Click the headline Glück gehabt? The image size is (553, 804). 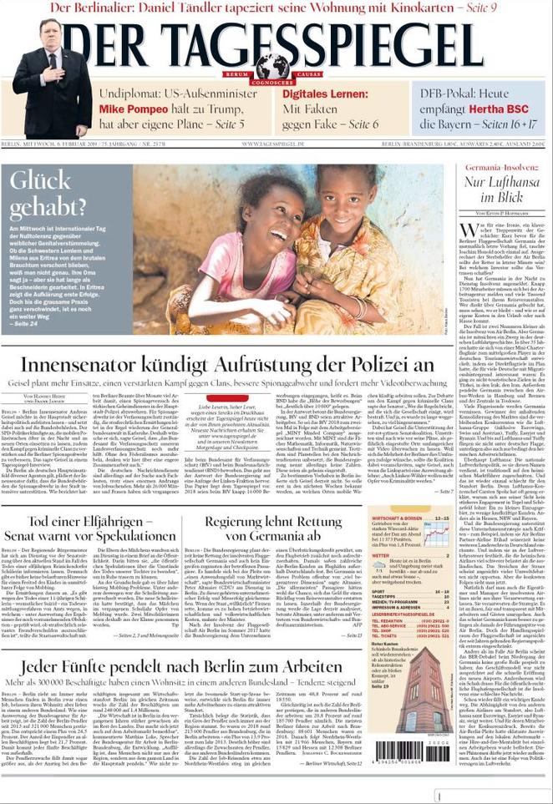pos(48,193)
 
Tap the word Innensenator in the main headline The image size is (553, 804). pos(90,364)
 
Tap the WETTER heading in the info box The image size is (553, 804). pos(382,555)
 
